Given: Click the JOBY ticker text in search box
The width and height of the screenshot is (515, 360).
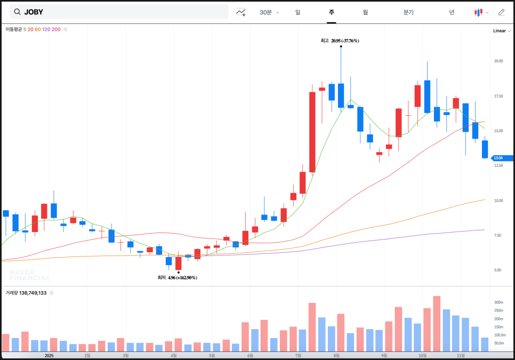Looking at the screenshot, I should coord(34,12).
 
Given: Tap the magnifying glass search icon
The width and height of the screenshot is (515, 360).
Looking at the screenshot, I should coord(17,12).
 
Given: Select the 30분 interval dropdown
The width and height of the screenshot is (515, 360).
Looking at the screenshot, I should coord(269,12).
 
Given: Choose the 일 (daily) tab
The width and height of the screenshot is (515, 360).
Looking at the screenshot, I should coord(297,12).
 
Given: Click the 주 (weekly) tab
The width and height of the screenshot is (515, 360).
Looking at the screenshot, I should coord(332,12).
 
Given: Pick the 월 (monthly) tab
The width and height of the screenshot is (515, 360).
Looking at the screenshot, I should coord(365,12).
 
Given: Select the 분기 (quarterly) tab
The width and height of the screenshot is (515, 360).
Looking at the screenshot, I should coord(408,12).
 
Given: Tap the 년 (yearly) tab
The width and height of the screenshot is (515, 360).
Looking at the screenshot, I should coord(452,12).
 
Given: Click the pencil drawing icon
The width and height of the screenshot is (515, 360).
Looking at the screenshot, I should coord(501,12).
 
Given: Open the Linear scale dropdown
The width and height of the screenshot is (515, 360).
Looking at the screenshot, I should coord(502,30).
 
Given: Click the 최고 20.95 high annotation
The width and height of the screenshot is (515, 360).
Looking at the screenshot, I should coord(340,41).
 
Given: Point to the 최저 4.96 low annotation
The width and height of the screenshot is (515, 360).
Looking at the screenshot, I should coord(177,277).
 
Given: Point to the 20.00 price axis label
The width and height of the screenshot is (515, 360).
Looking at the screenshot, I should coord(498,61).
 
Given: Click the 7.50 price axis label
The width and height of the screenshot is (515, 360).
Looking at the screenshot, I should coord(497,235).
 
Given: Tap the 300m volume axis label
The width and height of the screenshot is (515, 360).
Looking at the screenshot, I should coord(498,302).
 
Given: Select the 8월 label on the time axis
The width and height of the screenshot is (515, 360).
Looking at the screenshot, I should coord(336,355).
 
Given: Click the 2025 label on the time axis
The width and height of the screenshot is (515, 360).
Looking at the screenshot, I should coord(49,355).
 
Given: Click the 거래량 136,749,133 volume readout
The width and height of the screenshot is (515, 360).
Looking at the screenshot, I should coord(26,293).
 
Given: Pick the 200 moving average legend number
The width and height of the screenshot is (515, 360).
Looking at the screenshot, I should coord(56,29).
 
